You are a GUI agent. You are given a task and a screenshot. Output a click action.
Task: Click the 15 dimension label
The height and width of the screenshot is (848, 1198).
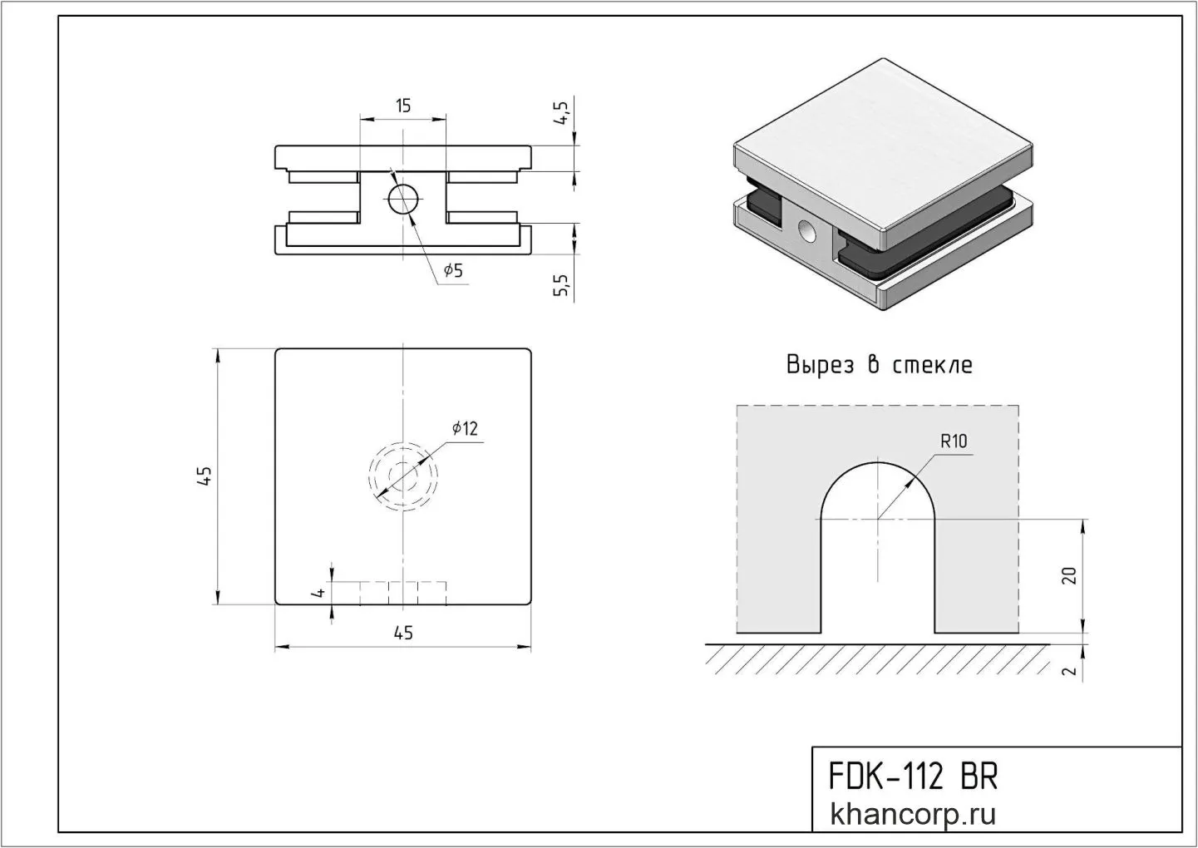[x=403, y=106]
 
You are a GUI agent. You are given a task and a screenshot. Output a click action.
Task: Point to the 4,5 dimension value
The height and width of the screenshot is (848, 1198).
[x=561, y=113]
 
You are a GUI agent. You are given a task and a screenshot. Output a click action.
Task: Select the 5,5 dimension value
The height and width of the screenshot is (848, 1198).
[x=561, y=284]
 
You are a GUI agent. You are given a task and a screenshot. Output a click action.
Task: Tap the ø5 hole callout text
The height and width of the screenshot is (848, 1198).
[x=453, y=270]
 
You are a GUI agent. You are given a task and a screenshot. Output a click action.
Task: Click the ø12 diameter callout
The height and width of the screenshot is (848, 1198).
[x=465, y=428]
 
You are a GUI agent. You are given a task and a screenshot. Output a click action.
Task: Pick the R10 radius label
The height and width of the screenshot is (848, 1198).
[x=954, y=441]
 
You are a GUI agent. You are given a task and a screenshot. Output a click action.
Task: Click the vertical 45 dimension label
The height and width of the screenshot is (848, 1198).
[x=205, y=476]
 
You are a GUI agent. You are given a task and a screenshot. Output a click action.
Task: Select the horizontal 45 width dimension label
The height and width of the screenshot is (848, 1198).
[x=403, y=633]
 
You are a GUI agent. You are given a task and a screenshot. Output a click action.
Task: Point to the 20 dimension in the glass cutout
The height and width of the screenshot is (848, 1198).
[x=1069, y=576]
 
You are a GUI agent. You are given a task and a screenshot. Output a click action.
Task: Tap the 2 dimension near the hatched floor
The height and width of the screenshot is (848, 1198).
[x=1069, y=671]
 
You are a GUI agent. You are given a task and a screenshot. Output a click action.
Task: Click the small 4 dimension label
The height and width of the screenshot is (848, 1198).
[x=319, y=593]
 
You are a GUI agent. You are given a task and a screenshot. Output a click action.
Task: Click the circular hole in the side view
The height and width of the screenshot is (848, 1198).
[x=403, y=199]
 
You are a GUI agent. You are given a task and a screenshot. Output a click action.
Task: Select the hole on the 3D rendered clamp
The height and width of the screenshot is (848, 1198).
[x=807, y=231]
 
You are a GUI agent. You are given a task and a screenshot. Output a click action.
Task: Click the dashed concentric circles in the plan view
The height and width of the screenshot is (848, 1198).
[x=403, y=476]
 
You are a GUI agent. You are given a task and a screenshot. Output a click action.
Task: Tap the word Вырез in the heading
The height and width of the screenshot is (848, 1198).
[x=820, y=365]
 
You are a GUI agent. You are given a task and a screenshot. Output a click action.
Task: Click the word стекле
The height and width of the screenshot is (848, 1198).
[x=933, y=366]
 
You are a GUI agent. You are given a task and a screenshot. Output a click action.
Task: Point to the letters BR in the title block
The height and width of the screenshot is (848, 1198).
[x=980, y=777]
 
